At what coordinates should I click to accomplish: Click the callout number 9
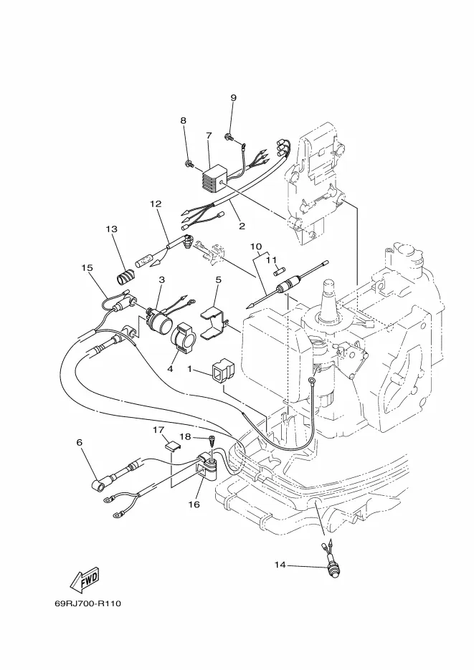point(233,98)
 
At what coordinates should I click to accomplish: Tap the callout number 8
point(184,120)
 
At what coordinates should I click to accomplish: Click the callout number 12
point(156,204)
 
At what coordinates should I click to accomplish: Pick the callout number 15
point(87,268)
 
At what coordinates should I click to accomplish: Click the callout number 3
point(161,280)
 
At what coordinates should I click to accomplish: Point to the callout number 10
point(255,247)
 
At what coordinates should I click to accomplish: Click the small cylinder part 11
point(279,272)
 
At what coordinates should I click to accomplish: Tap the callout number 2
point(242,226)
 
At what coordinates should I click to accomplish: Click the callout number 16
point(194,504)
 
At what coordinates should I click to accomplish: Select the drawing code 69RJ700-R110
point(88,604)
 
